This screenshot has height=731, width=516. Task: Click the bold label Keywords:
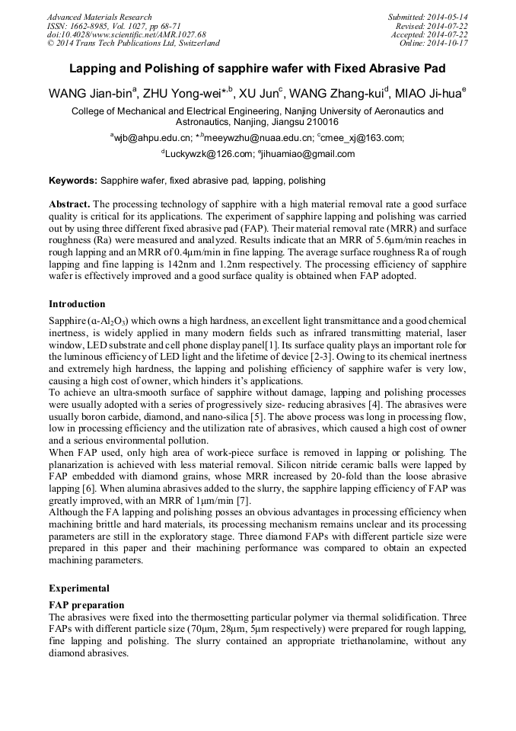click(73, 181)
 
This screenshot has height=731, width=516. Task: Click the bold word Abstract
click(69, 206)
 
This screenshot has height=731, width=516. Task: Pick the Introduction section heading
click(77, 303)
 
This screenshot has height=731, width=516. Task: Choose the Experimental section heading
click(79, 588)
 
